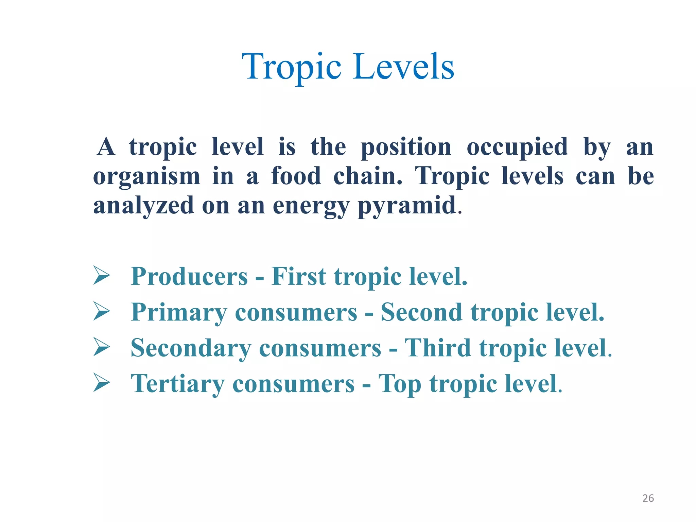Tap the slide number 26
[648, 498]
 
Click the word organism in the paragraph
[146, 176]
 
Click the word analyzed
[143, 206]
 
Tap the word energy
[311, 206]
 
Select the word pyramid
[407, 206]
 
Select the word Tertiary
[177, 384]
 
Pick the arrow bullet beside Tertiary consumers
[101, 383]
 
